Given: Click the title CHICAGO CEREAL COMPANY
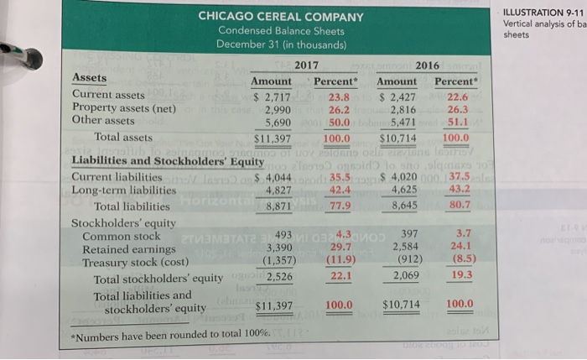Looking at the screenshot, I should click(x=281, y=16).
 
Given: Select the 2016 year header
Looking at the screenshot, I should click(x=428, y=65).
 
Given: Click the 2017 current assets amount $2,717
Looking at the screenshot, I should click(x=272, y=95).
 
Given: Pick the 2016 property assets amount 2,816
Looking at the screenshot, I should click(x=399, y=108).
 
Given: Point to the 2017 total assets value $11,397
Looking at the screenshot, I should click(x=271, y=137).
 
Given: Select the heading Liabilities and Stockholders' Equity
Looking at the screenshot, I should click(x=169, y=162).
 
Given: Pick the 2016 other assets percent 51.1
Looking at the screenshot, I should click(x=456, y=121).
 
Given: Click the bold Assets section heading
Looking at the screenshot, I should click(x=90, y=78).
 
